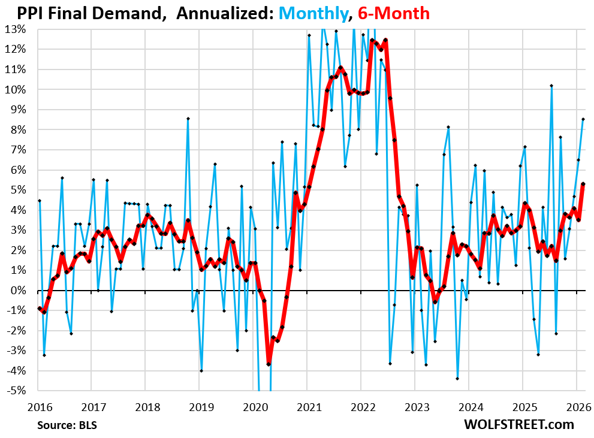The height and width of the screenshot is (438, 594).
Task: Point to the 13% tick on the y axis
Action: point(16,29)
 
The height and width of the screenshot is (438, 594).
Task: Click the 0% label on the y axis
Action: point(19,291)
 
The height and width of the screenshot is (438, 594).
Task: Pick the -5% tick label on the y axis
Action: point(16,391)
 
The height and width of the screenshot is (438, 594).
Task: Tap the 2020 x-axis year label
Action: point(252,407)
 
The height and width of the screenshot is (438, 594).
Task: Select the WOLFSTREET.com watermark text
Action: point(518,424)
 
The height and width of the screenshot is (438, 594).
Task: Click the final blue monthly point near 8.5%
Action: point(583,119)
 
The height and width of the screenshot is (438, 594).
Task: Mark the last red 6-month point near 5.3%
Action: point(583,184)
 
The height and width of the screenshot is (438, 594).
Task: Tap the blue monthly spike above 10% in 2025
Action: point(551,86)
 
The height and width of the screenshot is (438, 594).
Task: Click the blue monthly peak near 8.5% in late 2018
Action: point(188,119)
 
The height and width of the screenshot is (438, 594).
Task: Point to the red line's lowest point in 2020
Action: point(269,364)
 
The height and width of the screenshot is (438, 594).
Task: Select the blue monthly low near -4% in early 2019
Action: point(201,371)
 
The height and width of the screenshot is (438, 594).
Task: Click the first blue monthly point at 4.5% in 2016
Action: point(40,201)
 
